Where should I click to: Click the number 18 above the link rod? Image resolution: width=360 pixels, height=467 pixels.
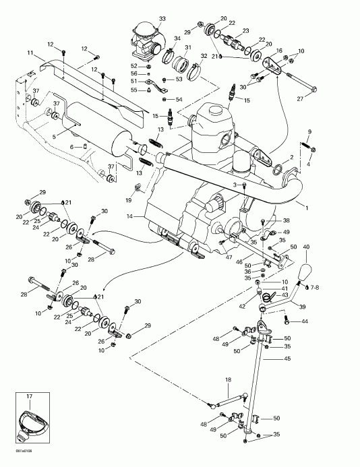(x=228, y=380)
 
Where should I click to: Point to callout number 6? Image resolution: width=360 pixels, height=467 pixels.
(x=71, y=146)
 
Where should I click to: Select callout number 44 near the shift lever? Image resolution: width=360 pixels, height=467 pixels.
(x=304, y=321)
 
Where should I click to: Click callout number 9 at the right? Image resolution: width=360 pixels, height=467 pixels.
(x=309, y=131)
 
